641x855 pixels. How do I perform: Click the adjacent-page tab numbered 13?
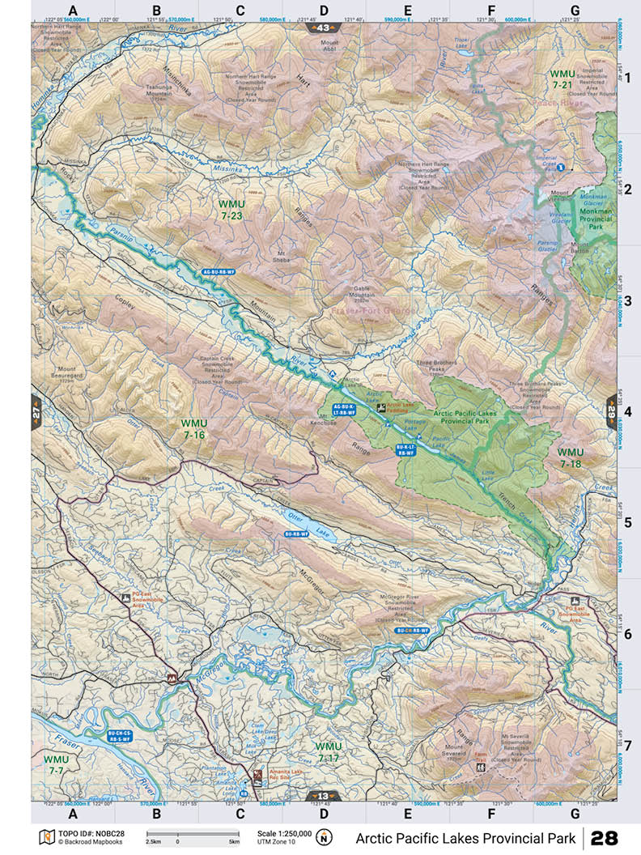pos(323,796)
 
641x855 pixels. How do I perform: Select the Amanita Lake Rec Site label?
pos(288,775)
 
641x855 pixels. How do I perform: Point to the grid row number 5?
pos(626,522)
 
